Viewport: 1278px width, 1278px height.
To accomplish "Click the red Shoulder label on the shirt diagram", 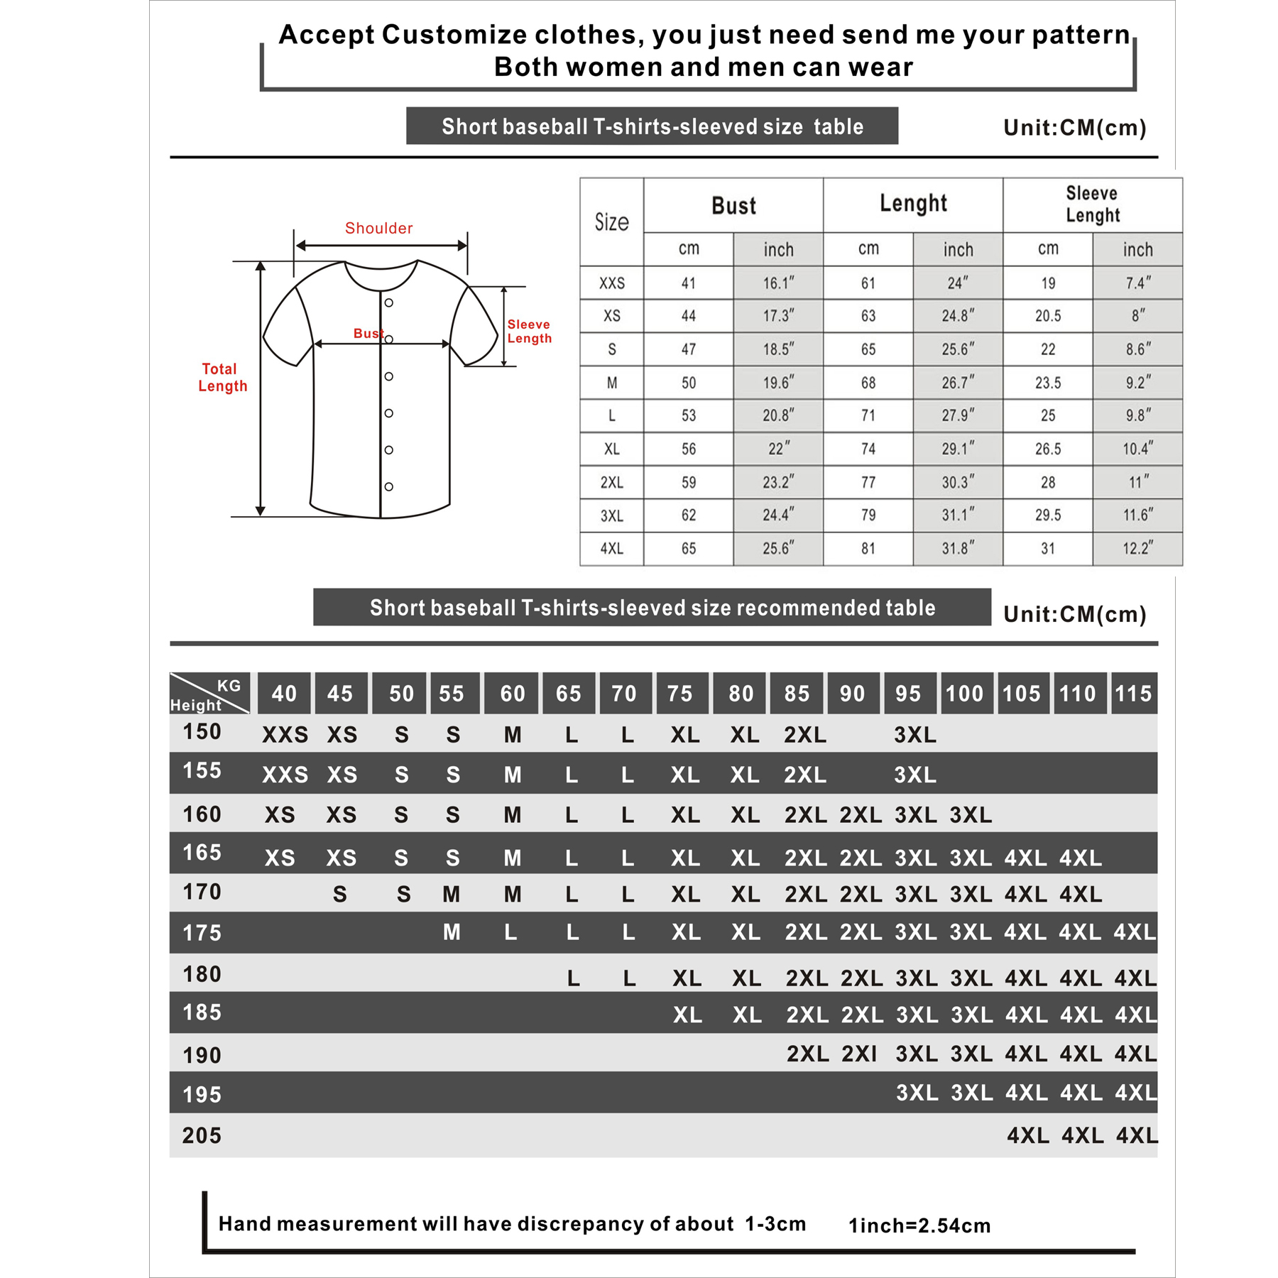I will [x=378, y=228].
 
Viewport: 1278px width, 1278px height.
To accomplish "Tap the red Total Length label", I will [x=222, y=378].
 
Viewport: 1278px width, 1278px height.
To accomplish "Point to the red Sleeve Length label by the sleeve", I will [x=529, y=332].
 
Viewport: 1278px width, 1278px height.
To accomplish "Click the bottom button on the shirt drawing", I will [x=389, y=486].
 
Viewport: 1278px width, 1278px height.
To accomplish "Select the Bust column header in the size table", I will [x=733, y=206].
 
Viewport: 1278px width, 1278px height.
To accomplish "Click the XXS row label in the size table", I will [x=611, y=283].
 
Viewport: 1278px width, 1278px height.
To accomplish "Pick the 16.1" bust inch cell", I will [x=778, y=283].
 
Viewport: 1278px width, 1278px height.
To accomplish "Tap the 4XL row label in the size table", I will [x=611, y=549].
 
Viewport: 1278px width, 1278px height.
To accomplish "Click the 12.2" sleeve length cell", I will [x=1137, y=549].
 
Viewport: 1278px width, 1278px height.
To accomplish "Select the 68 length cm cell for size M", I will [x=868, y=383].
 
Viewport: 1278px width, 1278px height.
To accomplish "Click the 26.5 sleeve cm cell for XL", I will [x=1047, y=449].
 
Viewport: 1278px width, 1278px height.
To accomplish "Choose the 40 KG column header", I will [x=284, y=694].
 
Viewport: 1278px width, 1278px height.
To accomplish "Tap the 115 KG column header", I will [x=1132, y=694].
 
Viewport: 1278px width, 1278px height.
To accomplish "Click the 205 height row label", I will [x=202, y=1135].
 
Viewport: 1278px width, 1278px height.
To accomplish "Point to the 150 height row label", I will [x=202, y=731].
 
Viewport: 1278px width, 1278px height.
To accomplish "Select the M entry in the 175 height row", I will [x=452, y=932].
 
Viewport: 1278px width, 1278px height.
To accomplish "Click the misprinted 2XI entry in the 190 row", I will [x=859, y=1054].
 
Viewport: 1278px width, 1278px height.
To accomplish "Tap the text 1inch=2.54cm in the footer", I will [x=919, y=1225].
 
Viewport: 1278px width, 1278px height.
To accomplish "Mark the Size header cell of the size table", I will [x=611, y=222].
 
